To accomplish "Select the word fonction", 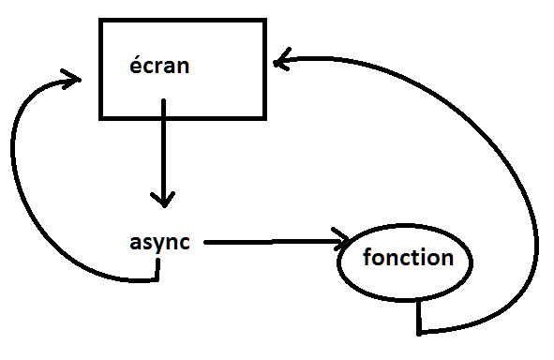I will tap(407, 257).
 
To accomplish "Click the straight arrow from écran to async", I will tap(163, 150).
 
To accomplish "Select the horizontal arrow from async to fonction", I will tap(272, 242).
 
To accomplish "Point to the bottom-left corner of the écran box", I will tap(100, 118).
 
